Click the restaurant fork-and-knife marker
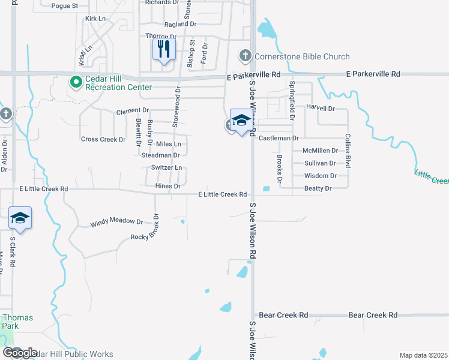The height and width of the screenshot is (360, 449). pyautogui.click(x=163, y=49)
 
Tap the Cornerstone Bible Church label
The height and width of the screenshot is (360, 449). pyautogui.click(x=302, y=56)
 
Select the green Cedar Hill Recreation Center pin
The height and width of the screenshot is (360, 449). pyautogui.click(x=76, y=81)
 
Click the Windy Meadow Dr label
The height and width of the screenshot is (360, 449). pyautogui.click(x=117, y=222)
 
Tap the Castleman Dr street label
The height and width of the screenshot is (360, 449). pyautogui.click(x=279, y=138)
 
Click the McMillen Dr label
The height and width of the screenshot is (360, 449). pyautogui.click(x=321, y=151)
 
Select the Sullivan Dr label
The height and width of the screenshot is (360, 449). pyautogui.click(x=321, y=163)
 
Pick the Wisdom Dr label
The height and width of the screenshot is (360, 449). pyautogui.click(x=321, y=176)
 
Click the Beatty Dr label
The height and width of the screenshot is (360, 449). pyautogui.click(x=318, y=188)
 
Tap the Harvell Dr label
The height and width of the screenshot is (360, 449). pyautogui.click(x=320, y=109)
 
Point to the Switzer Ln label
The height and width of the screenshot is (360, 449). pyautogui.click(x=166, y=168)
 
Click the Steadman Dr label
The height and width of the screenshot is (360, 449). pyautogui.click(x=160, y=155)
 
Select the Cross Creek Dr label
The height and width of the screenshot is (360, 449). pyautogui.click(x=103, y=139)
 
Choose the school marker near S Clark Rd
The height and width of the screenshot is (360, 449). pyautogui.click(x=20, y=218)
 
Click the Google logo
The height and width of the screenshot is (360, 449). pyautogui.click(x=19, y=353)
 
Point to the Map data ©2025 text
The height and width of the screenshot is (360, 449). pyautogui.click(x=423, y=355)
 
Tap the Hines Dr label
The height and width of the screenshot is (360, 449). pyautogui.click(x=168, y=187)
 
